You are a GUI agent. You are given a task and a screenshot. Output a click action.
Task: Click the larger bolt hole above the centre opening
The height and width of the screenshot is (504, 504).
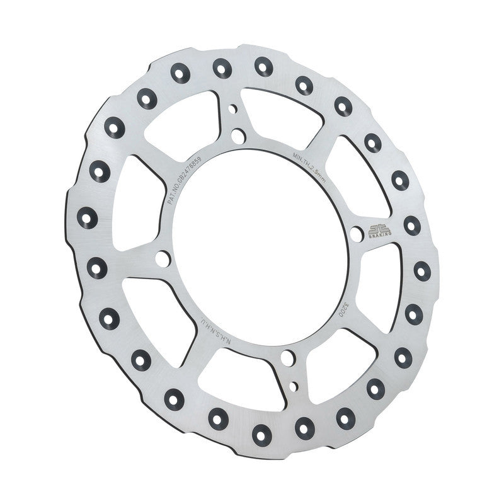[238, 135]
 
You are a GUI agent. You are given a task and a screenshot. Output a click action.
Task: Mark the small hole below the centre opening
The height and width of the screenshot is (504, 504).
[293, 384]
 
